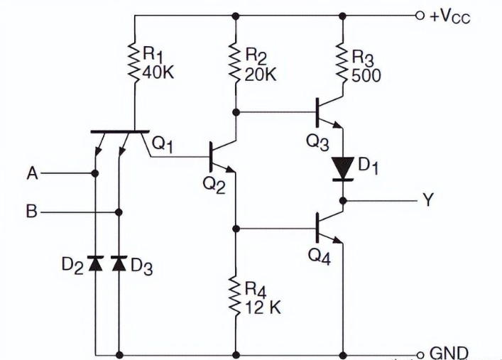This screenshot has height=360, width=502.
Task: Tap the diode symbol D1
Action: coord(343,168)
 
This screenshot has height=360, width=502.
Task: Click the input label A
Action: coord(31,173)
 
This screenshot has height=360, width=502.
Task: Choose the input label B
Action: coord(31,212)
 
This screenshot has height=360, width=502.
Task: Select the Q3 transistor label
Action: coord(317,141)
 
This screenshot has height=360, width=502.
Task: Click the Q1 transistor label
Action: coord(163,144)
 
